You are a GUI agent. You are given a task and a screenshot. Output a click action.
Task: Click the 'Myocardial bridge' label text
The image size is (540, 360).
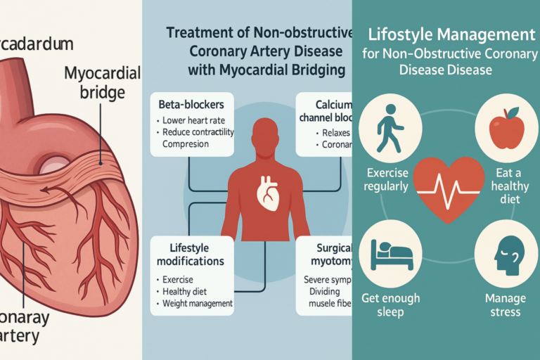point(101,82)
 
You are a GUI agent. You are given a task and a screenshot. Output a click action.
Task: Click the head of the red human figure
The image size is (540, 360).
point(265,134)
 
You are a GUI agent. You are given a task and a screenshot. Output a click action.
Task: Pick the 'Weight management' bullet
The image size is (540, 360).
point(197,303)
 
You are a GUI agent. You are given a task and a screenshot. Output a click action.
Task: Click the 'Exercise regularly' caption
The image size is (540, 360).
point(387,179)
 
